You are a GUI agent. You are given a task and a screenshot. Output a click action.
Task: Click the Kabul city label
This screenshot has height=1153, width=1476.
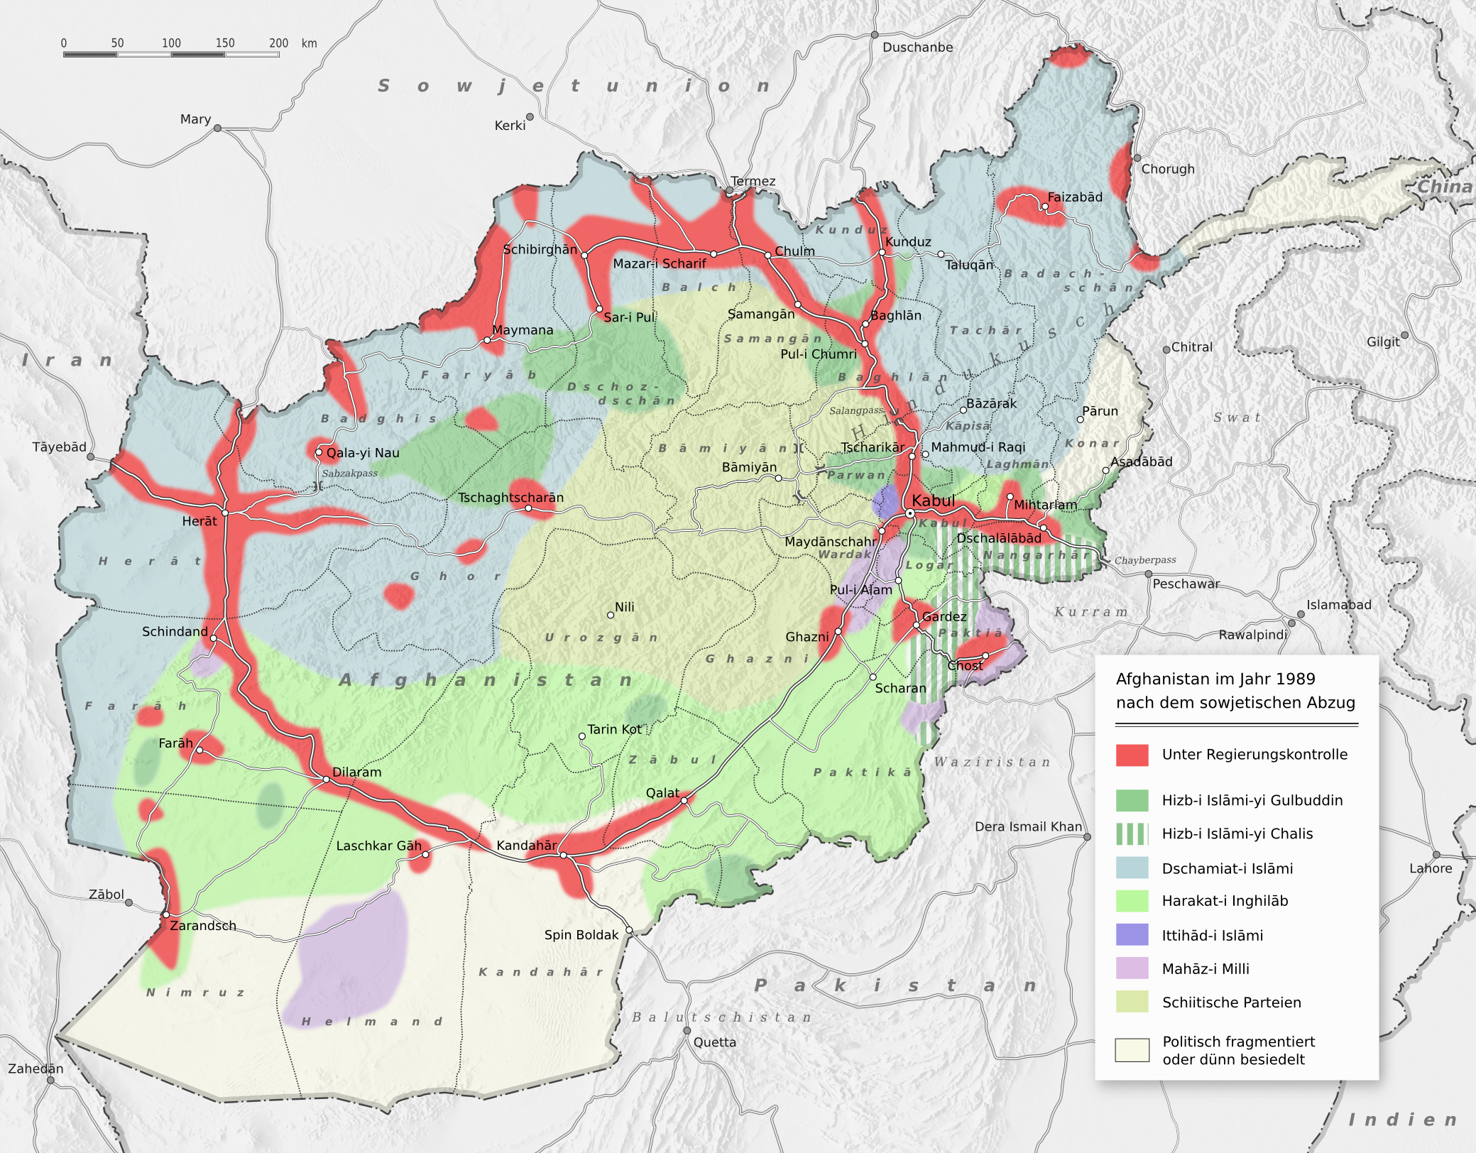(x=933, y=501)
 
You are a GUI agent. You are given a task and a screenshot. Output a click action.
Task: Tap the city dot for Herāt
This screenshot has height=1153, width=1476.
(x=224, y=513)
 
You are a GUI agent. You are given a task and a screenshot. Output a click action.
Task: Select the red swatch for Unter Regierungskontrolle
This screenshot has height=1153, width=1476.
(x=1132, y=755)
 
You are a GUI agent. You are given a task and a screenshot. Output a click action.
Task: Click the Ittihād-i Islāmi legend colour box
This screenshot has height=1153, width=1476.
(x=1132, y=934)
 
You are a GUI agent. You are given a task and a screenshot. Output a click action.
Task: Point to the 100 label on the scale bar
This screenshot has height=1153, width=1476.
(x=171, y=43)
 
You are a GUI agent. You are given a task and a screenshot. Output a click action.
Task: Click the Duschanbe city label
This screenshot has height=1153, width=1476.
(x=917, y=48)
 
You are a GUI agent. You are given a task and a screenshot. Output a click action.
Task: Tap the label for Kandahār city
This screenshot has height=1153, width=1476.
(x=526, y=845)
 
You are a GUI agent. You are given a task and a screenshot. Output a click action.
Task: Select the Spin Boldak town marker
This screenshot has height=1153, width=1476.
(x=629, y=930)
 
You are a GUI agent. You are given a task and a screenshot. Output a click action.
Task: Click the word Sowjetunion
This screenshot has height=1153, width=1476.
(x=574, y=86)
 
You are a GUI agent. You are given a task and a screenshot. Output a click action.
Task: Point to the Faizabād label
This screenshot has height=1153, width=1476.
(x=1075, y=197)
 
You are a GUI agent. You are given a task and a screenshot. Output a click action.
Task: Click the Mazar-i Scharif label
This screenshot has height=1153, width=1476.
(x=660, y=263)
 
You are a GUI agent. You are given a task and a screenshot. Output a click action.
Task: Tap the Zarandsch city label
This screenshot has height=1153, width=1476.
(x=202, y=925)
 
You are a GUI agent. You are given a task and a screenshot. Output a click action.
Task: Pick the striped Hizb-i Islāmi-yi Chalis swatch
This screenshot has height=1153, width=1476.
(x=1132, y=834)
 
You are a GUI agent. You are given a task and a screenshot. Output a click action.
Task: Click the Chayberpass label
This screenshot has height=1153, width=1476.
(x=1144, y=560)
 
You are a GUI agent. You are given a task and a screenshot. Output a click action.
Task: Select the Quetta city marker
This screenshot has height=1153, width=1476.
(x=687, y=1030)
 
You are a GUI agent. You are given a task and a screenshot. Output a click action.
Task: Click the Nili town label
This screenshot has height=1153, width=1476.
(x=625, y=607)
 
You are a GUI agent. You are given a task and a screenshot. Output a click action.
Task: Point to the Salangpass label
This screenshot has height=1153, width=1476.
(x=855, y=410)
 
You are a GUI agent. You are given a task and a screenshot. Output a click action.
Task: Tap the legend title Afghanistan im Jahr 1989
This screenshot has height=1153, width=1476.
(x=1215, y=679)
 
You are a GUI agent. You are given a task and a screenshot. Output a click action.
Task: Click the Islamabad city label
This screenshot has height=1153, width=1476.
(x=1338, y=605)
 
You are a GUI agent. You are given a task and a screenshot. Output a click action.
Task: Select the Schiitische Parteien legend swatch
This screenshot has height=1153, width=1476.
(x=1132, y=1002)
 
